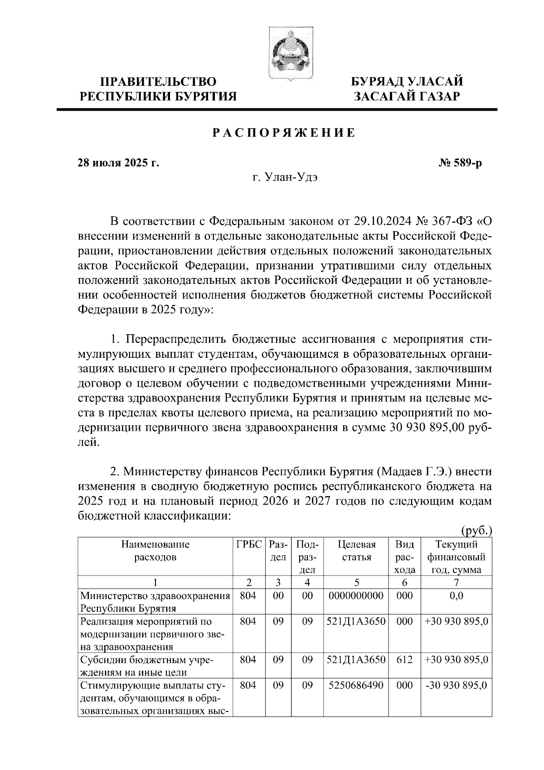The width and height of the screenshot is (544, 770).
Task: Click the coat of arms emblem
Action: (286, 55)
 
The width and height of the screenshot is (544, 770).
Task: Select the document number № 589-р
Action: (457, 163)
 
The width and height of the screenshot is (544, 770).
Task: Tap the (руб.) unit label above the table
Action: (476, 530)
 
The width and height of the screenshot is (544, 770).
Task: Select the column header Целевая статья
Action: (357, 551)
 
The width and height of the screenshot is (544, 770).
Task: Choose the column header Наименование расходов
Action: (155, 551)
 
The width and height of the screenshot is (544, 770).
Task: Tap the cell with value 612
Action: (404, 660)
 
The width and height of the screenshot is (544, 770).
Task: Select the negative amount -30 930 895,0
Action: (456, 685)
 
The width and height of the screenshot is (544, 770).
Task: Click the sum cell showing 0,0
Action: (456, 595)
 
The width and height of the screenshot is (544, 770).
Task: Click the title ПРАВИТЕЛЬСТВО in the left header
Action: (158, 82)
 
